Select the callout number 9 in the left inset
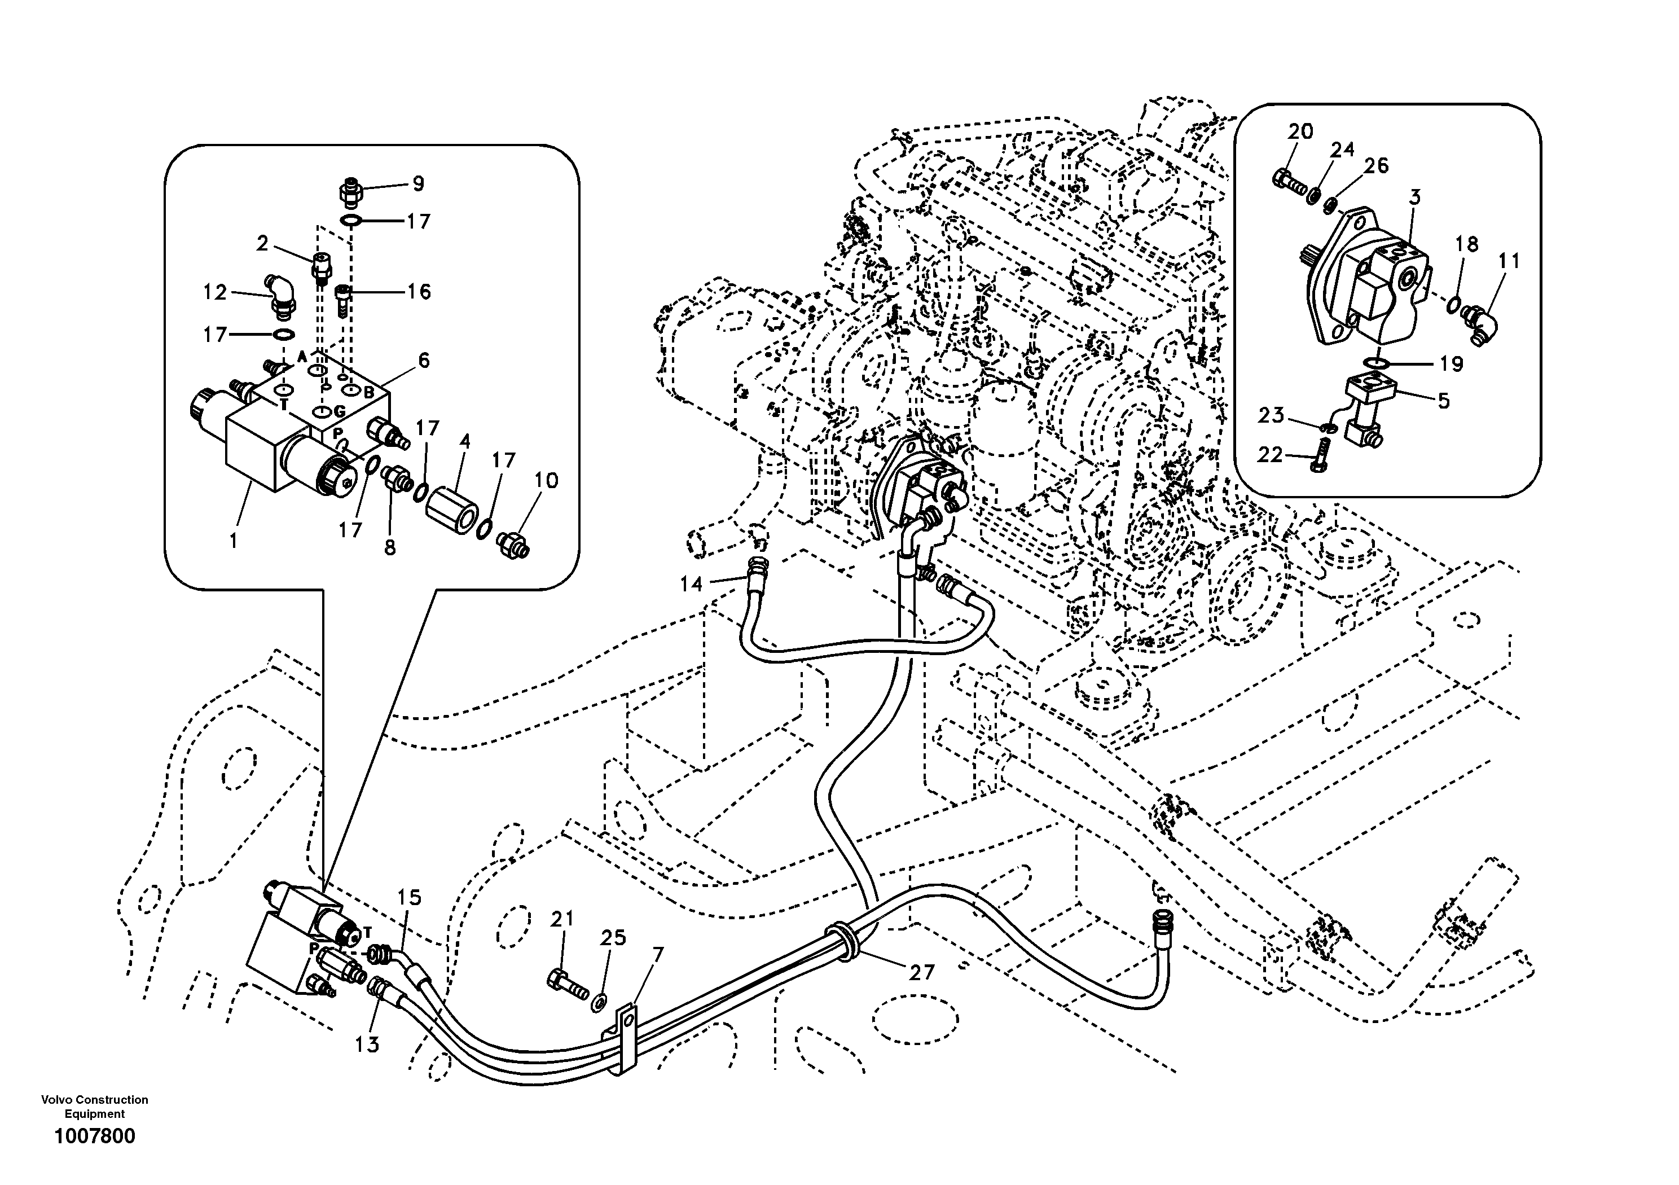[418, 183]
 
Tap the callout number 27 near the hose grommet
[921, 972]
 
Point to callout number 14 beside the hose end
[691, 583]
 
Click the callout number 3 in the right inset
[1415, 197]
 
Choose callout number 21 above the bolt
[562, 919]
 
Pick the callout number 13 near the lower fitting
[367, 1044]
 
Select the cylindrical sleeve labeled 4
[452, 504]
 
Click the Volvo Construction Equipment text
[94, 1106]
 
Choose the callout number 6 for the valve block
[424, 361]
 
